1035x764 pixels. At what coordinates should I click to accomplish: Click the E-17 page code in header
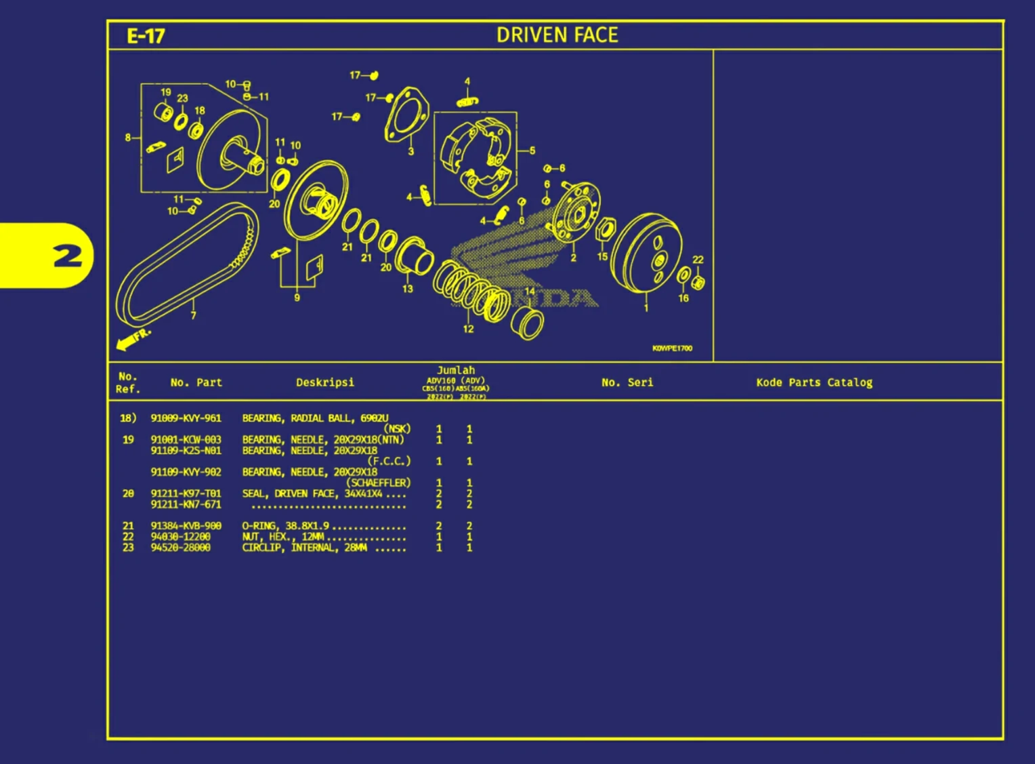(146, 36)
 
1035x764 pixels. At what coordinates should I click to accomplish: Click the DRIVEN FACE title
(557, 35)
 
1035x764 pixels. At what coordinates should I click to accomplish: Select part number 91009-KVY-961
(186, 418)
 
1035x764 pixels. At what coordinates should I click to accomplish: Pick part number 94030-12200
(180, 537)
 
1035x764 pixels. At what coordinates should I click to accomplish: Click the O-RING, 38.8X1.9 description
(286, 526)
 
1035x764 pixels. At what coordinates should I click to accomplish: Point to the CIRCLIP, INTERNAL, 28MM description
(304, 548)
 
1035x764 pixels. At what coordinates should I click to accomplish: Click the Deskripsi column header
(324, 382)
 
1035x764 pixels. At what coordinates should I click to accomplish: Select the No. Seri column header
(627, 382)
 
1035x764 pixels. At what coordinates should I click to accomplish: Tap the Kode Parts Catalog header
(814, 382)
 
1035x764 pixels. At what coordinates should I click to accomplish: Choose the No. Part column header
(196, 382)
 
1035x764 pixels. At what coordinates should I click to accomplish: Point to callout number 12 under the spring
(468, 329)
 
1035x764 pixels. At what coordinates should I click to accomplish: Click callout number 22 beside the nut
(698, 260)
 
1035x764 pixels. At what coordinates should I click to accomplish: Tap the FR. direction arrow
(133, 339)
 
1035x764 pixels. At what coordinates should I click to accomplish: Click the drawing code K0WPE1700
(672, 348)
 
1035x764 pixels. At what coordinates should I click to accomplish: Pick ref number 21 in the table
(128, 526)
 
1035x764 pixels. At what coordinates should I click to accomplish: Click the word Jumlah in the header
(456, 370)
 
